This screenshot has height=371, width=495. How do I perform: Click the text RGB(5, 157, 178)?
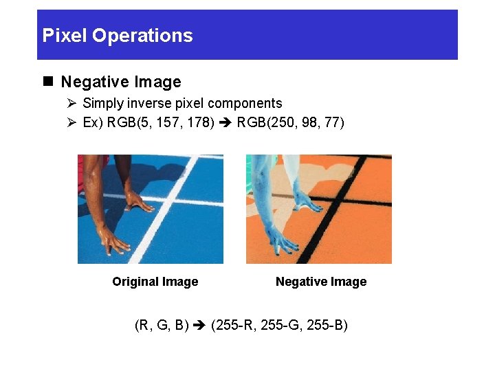[160, 123]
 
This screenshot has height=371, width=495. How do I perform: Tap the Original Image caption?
[155, 282]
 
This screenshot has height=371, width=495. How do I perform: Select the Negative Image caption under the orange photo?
[321, 282]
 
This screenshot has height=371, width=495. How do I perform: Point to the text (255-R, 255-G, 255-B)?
[279, 324]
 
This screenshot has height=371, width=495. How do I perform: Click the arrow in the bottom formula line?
[199, 324]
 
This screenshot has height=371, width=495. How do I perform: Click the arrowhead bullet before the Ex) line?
[71, 123]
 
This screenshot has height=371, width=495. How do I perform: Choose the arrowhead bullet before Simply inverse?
[71, 104]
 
